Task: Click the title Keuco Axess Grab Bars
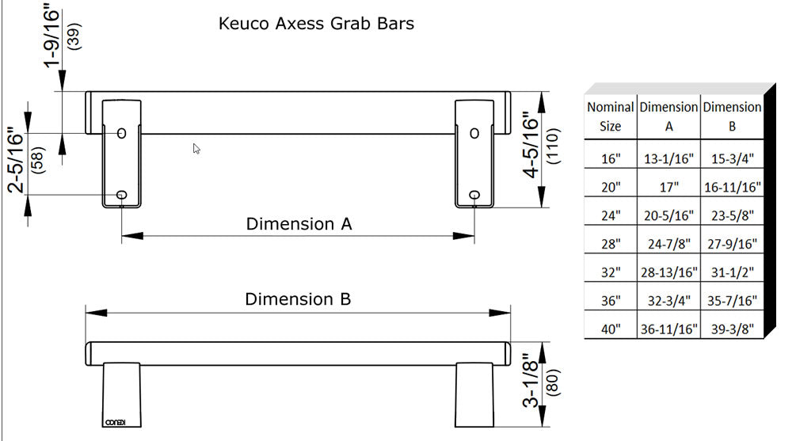(316, 23)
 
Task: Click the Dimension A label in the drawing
(299, 224)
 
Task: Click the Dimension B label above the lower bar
(297, 299)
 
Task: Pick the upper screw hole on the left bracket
(121, 133)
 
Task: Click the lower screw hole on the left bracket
(121, 195)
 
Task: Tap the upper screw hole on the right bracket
(474, 133)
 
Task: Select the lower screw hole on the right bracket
(474, 195)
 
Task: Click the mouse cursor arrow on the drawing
(196, 148)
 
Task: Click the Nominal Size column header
(610, 116)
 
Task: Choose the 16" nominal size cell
(610, 159)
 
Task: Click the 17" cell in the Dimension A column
(668, 188)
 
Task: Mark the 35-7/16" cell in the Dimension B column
(732, 301)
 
